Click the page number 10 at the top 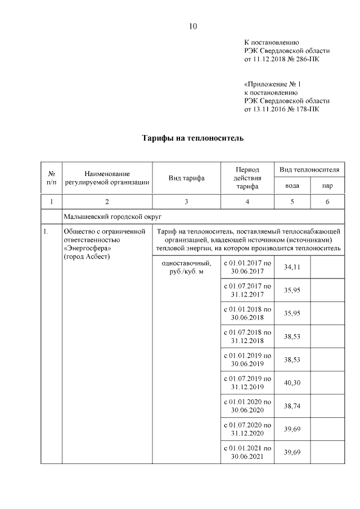tap(192, 26)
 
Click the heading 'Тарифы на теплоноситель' tap(192, 138)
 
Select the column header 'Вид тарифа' tap(186, 178)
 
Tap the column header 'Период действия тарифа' tap(247, 178)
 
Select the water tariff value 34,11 tap(292, 267)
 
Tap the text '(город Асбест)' tap(87, 256)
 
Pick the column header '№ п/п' tap(51, 178)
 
